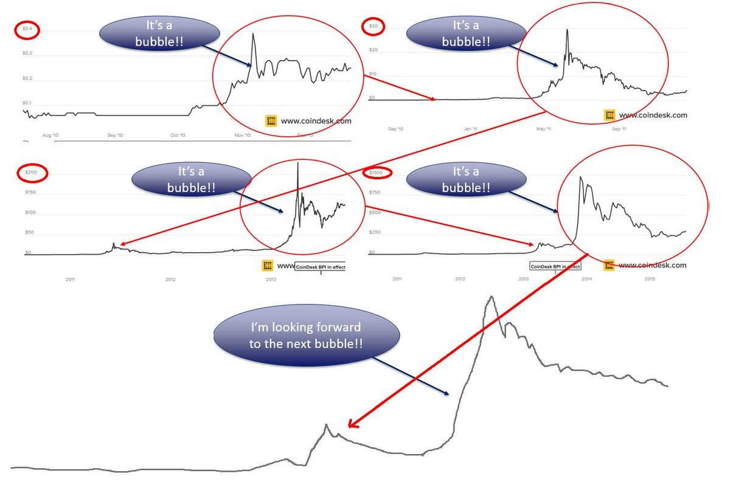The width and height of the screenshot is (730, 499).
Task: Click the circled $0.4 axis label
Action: click(28, 29)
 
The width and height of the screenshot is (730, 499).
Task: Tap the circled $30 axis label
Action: click(372, 27)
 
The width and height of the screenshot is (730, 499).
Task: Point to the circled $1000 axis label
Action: click(377, 173)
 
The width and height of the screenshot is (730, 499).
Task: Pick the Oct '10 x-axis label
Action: click(177, 136)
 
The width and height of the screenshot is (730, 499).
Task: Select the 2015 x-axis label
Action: click(649, 279)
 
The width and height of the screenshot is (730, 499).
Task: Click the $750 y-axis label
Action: click(375, 193)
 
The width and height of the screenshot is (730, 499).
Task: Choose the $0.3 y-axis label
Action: click(27, 54)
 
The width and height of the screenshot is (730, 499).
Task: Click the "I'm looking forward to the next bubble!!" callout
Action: click(307, 336)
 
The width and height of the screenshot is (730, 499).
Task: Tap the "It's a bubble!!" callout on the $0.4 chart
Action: click(160, 33)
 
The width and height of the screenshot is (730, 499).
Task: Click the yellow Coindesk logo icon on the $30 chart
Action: click(610, 115)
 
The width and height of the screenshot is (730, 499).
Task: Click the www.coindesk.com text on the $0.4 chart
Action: click(316, 121)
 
